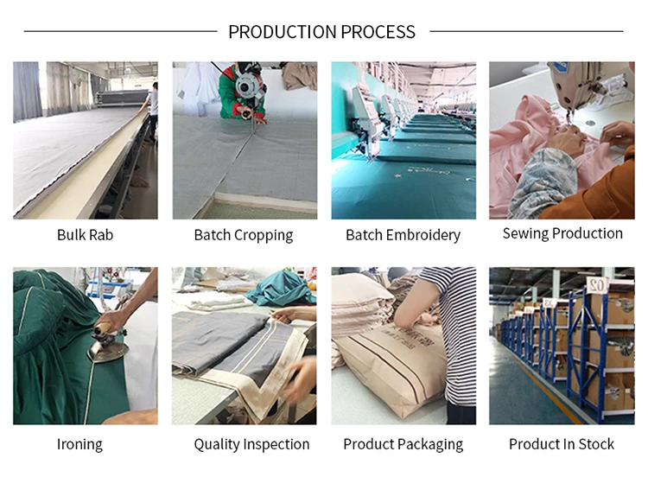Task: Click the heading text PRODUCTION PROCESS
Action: [321, 32]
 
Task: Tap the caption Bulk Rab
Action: [85, 234]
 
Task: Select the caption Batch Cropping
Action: [243, 235]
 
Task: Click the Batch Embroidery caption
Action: [403, 235]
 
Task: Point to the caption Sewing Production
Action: [562, 233]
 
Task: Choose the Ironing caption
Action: [79, 444]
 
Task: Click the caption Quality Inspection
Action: [251, 444]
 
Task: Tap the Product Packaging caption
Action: [403, 444]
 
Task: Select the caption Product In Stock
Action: [561, 444]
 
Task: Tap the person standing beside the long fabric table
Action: [153, 108]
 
